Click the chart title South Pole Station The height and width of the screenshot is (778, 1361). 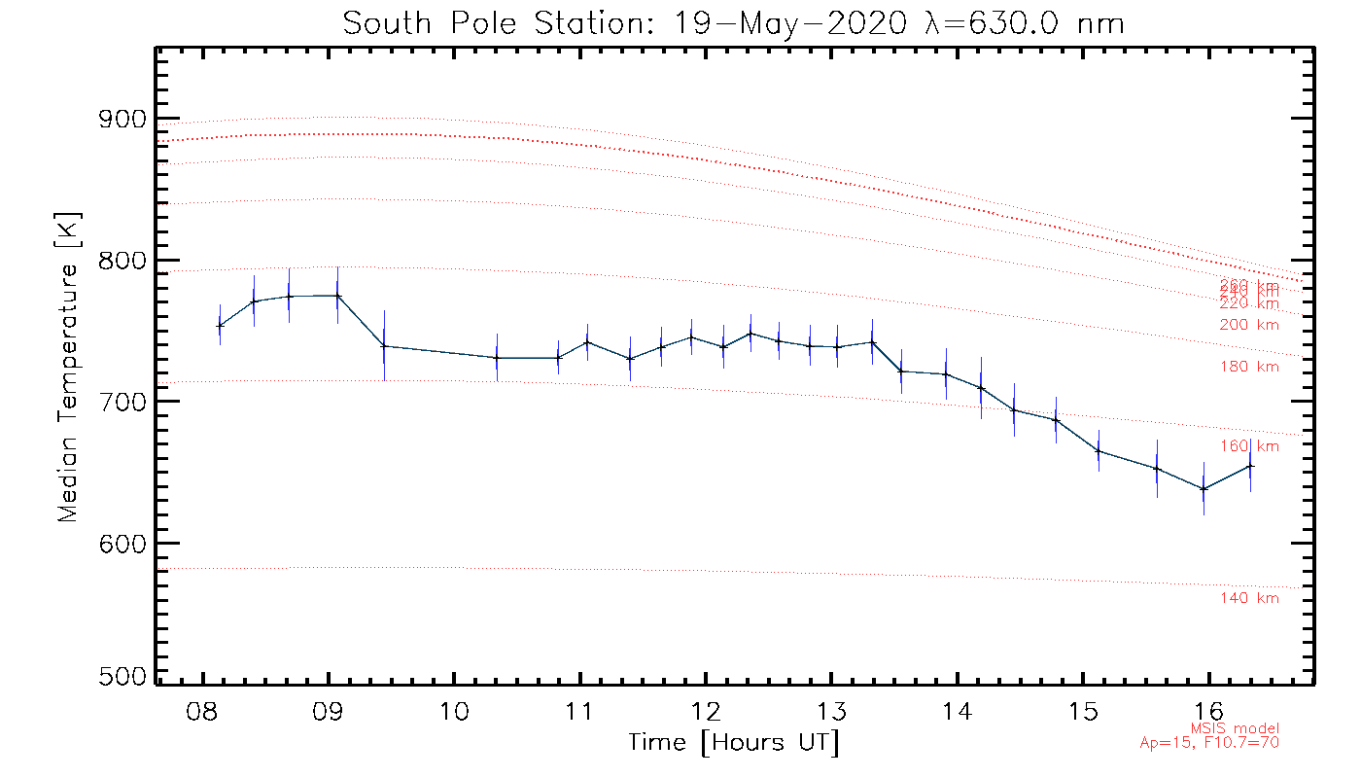click(733, 23)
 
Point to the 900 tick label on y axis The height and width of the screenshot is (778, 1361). click(120, 120)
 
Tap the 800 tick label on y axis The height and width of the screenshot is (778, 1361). click(120, 261)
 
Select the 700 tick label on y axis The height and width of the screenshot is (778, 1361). click(120, 402)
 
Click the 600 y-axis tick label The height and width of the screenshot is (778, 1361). click(120, 543)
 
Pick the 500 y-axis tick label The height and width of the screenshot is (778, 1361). click(120, 678)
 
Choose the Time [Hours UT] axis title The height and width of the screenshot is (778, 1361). click(734, 743)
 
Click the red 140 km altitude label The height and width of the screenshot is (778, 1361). click(1249, 598)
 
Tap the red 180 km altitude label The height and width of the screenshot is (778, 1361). click(1249, 367)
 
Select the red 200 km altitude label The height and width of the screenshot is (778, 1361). click(1249, 325)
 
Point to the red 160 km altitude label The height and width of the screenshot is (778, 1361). click(1249, 446)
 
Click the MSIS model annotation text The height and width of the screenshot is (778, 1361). click(1235, 728)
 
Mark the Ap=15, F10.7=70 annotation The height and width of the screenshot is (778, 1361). click(1209, 743)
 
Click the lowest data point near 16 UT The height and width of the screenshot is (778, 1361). click(1204, 488)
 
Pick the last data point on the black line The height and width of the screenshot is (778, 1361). click(1250, 466)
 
